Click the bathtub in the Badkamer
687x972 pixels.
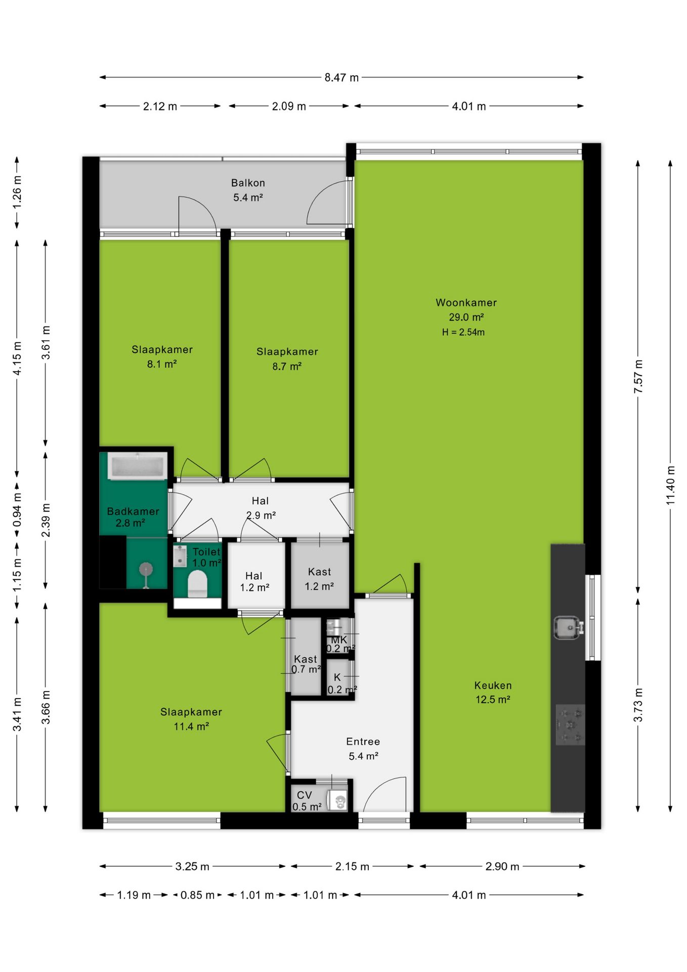click(x=137, y=466)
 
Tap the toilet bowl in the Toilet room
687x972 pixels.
click(x=198, y=584)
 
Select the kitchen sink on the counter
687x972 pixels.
click(x=568, y=628)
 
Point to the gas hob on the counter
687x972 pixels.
click(x=570, y=725)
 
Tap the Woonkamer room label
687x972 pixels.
click(x=466, y=303)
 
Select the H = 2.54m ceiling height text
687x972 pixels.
click(x=463, y=332)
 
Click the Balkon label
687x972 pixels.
click(x=248, y=183)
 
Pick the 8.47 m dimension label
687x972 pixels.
click(x=341, y=77)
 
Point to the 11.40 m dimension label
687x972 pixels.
click(x=670, y=485)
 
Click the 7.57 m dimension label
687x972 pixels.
click(x=638, y=376)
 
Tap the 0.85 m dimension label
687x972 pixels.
click(x=197, y=895)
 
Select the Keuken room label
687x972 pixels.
click(x=493, y=685)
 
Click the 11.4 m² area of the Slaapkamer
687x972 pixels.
click(x=191, y=726)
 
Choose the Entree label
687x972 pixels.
click(x=363, y=742)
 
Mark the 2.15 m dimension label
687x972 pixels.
click(x=352, y=866)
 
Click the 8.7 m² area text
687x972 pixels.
click(x=287, y=366)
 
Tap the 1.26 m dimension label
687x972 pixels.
click(x=17, y=192)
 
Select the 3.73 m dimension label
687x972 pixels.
click(x=638, y=705)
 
